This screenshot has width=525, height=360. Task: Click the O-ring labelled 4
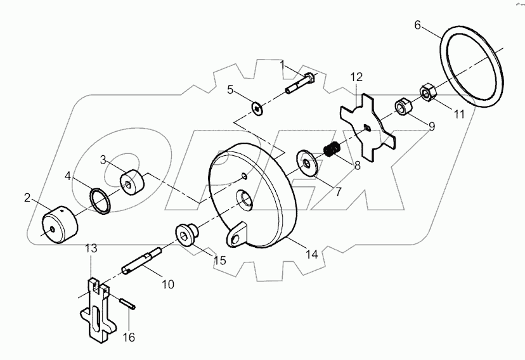pos(100,198)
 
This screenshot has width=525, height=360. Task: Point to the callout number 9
pos(431,126)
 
